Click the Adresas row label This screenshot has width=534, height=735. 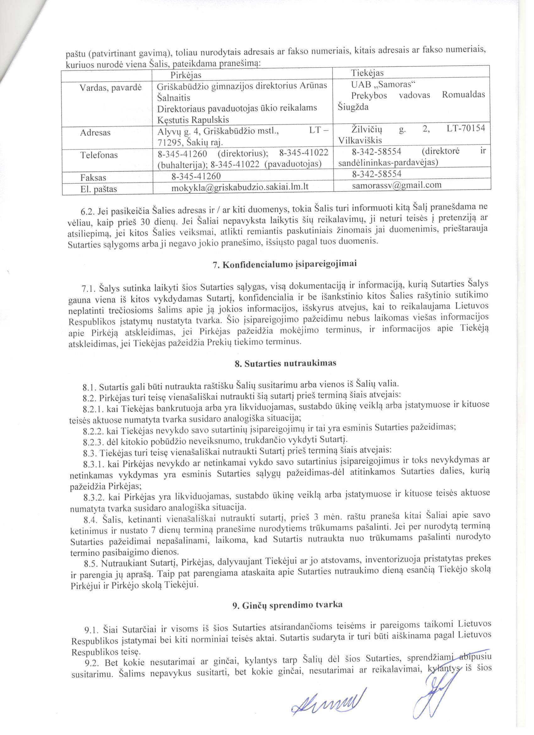(x=95, y=133)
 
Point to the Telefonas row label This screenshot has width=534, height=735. (x=99, y=155)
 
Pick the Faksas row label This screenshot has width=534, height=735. (x=93, y=177)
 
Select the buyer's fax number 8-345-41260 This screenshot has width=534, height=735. (x=196, y=176)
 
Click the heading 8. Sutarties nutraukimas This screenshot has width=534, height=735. (x=285, y=363)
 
